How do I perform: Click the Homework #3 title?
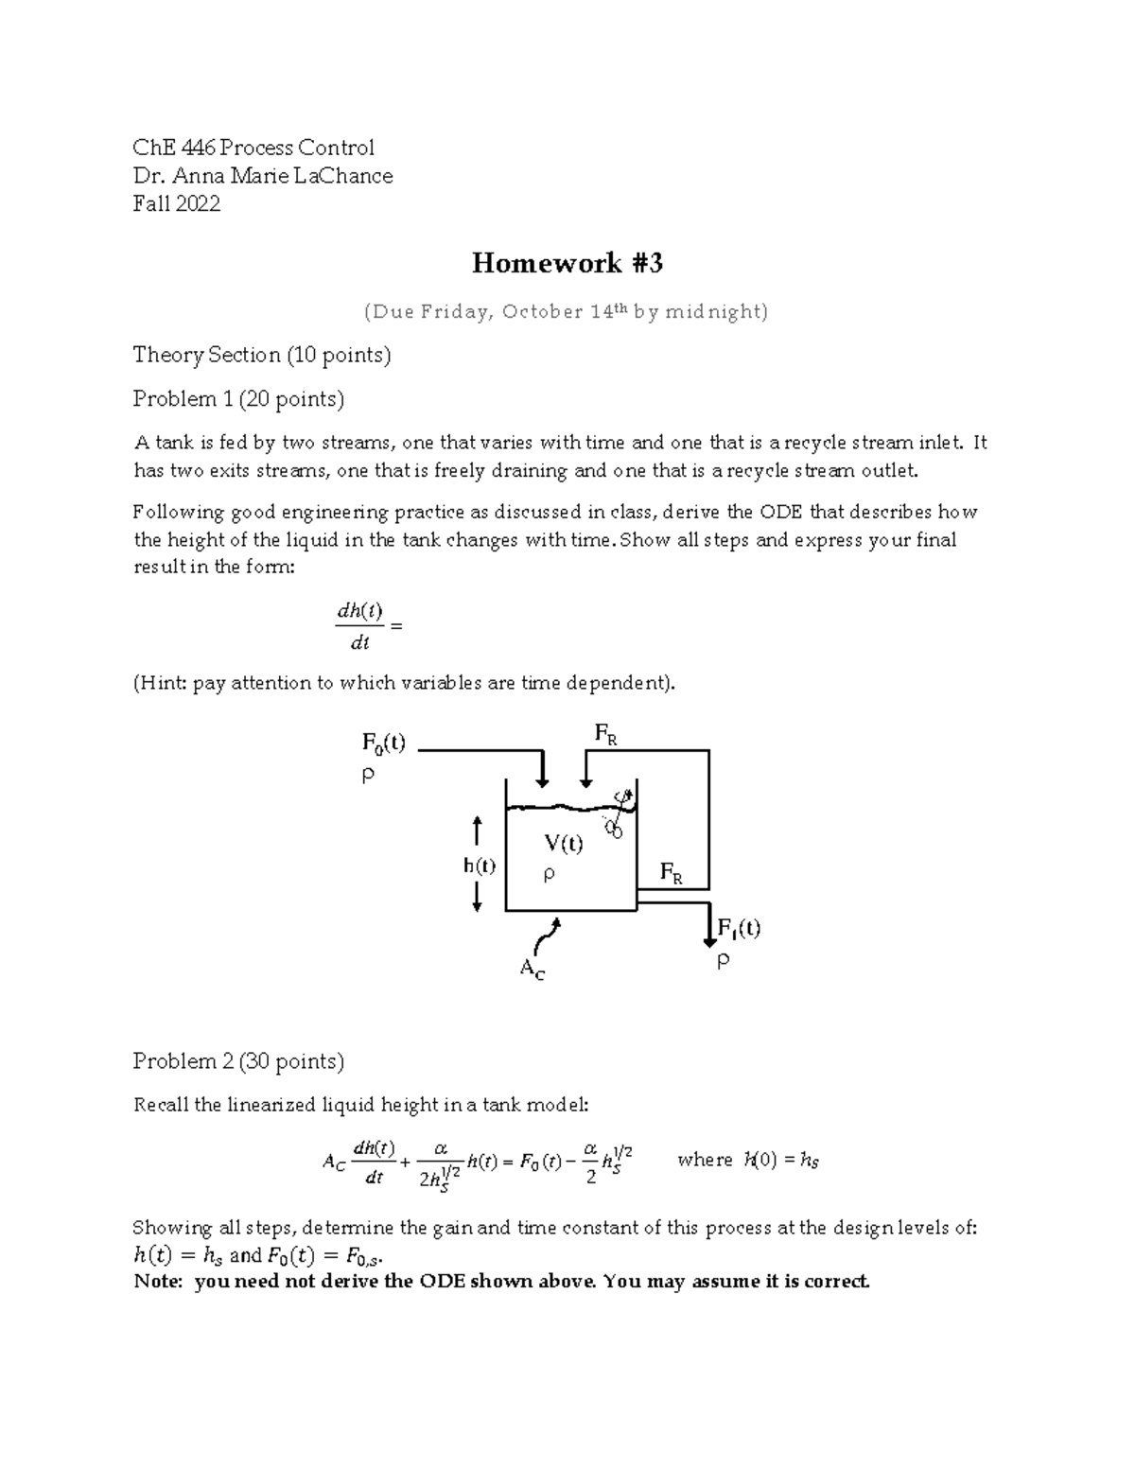pyautogui.click(x=567, y=263)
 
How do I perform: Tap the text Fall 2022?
pyautogui.click(x=177, y=203)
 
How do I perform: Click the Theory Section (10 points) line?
pyautogui.click(x=262, y=355)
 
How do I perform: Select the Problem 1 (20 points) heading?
pyautogui.click(x=238, y=399)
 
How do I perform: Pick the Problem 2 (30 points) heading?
pyautogui.click(x=238, y=1061)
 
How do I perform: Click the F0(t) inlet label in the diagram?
pyautogui.click(x=383, y=743)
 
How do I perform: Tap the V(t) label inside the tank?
pyautogui.click(x=563, y=844)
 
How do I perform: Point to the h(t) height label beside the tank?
pyautogui.click(x=480, y=866)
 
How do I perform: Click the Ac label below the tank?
pyautogui.click(x=532, y=969)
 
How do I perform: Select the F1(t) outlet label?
pyautogui.click(x=739, y=928)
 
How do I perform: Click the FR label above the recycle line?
pyautogui.click(x=605, y=733)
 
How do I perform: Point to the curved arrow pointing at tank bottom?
pyautogui.click(x=548, y=936)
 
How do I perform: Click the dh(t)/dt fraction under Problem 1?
pyautogui.click(x=359, y=626)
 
